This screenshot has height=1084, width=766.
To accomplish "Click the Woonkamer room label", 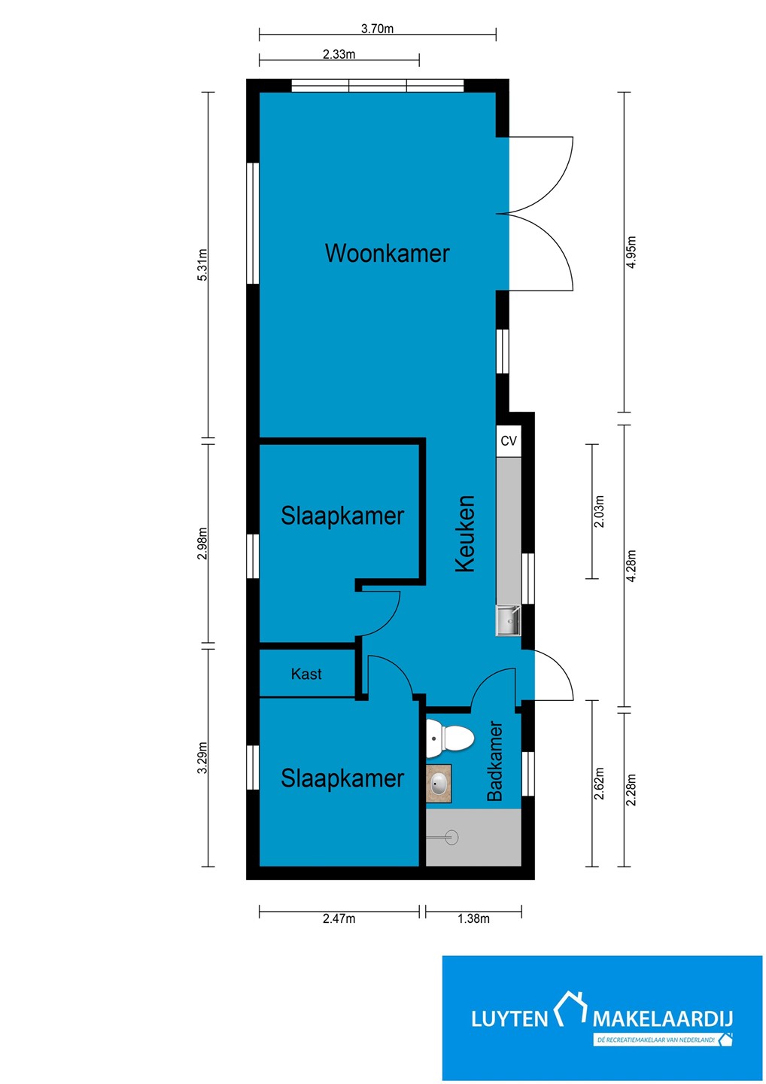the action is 387,253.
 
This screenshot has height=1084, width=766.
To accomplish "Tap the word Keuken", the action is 465,533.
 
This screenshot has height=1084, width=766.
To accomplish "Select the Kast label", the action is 306,674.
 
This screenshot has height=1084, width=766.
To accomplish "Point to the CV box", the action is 508,440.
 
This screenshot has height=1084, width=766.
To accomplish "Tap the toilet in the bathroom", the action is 449,738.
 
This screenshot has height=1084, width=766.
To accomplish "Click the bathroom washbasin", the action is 439,784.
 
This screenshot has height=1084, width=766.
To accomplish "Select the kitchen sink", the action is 508,620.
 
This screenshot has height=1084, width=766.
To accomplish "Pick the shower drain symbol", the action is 451,837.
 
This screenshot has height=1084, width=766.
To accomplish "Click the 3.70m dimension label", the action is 377,29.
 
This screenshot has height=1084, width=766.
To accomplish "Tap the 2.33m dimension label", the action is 339,54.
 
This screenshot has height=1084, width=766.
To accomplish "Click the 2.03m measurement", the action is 599,512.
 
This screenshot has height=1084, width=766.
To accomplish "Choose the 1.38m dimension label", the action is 473,918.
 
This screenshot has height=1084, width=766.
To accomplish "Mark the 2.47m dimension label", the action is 339,918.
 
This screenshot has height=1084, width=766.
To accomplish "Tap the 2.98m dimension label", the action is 202,544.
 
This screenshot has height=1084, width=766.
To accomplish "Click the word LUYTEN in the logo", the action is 509,1019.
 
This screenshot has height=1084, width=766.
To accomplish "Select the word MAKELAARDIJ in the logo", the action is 662,1019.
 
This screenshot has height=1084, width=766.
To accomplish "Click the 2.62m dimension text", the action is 599,783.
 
